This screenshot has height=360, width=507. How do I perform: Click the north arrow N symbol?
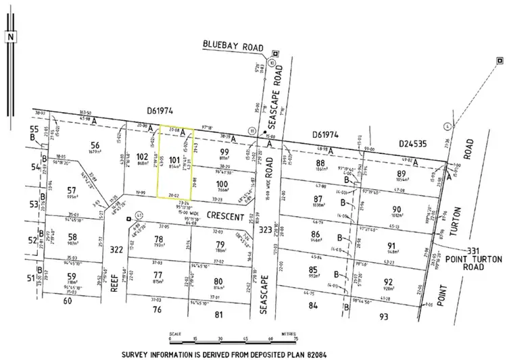[10, 38]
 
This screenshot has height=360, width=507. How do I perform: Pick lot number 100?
[222, 183]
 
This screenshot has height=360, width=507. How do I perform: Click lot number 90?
[397, 209]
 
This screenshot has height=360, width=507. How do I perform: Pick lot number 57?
[72, 190]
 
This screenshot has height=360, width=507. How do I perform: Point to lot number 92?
[406, 282]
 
